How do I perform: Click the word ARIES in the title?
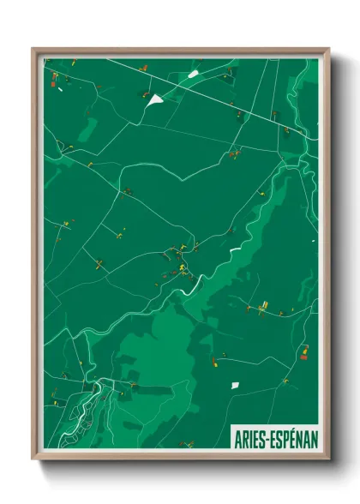point(251,439)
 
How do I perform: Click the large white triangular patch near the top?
point(154,99)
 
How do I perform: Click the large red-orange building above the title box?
point(303,349)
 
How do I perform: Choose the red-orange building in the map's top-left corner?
point(54,81)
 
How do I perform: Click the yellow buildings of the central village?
point(182,271)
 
